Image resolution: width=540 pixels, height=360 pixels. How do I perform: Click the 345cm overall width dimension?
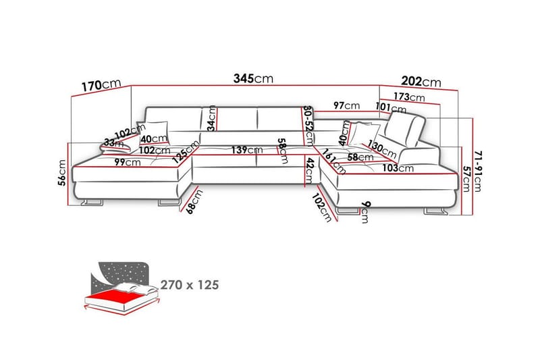pos(254,78)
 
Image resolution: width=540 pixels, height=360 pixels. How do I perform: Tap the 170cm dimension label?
pos(101,84)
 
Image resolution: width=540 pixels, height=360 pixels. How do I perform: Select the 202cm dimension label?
pos(421,82)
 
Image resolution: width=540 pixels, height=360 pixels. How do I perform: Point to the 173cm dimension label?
pos(409,97)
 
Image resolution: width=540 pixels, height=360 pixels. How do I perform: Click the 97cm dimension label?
pos(346,105)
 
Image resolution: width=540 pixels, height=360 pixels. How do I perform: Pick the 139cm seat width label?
pos(247,150)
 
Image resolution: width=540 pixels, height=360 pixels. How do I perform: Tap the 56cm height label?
pos(62,173)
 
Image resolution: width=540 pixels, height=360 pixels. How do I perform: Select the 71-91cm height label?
pos(478,171)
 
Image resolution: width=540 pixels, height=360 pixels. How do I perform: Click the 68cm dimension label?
pos(194,202)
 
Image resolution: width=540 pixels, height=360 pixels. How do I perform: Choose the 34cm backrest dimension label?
pos(212,118)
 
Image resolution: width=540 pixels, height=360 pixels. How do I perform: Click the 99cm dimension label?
pos(128,162)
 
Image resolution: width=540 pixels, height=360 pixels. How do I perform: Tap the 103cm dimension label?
pos(398,168)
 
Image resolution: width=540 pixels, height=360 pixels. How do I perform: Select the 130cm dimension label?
pos(382,149)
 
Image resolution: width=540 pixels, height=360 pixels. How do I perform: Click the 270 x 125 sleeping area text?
pos(190,285)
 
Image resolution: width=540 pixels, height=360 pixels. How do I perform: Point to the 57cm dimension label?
pos(466,179)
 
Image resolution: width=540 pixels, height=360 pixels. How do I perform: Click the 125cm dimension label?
pos(186,152)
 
